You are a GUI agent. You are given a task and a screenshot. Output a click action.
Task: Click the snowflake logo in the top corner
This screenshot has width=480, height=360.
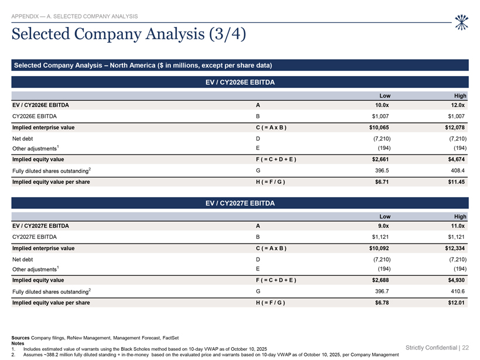tap(462, 22)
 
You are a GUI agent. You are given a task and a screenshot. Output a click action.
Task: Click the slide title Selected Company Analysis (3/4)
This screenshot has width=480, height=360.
tap(129, 34)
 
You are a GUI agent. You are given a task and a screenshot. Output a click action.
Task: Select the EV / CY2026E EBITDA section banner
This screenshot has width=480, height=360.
tap(240, 82)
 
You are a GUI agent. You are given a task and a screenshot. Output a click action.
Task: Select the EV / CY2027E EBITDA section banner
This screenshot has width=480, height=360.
tap(240, 203)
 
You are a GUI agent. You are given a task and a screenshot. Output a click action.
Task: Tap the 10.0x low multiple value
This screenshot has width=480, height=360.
tap(382, 105)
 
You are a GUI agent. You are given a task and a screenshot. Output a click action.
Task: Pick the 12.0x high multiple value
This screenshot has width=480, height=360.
tap(458, 105)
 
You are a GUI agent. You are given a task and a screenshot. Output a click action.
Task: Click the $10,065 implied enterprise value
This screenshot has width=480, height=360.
tap(379, 128)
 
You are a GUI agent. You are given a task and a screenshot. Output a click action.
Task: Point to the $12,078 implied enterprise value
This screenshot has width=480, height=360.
tap(455, 128)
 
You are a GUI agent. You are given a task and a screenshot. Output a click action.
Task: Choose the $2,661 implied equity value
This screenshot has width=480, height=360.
tap(380, 159)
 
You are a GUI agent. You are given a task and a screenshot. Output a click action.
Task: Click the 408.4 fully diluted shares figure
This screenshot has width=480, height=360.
tap(458, 170)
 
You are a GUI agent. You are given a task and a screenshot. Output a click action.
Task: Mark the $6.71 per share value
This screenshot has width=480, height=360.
tap(382, 182)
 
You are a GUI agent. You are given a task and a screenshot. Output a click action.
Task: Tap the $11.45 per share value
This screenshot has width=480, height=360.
tap(457, 182)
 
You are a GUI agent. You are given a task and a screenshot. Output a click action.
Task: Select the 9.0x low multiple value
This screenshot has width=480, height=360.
tap(383, 226)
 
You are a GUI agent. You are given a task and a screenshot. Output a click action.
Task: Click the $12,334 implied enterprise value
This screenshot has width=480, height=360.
tap(455, 248)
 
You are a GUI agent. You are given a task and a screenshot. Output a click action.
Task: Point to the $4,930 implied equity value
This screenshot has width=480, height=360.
tap(457, 280)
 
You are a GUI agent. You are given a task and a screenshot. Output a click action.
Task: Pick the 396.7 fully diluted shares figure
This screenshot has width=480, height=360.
tap(382, 292)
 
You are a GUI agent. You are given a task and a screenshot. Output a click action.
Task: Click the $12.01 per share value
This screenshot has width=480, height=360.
tap(457, 303)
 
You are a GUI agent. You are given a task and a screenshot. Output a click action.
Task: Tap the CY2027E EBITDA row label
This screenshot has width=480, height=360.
tap(35, 237)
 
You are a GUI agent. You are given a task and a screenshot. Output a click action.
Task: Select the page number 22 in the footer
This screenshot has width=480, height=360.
tap(465, 348)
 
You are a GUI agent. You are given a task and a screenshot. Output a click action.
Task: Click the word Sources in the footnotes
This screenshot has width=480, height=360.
tap(20, 338)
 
